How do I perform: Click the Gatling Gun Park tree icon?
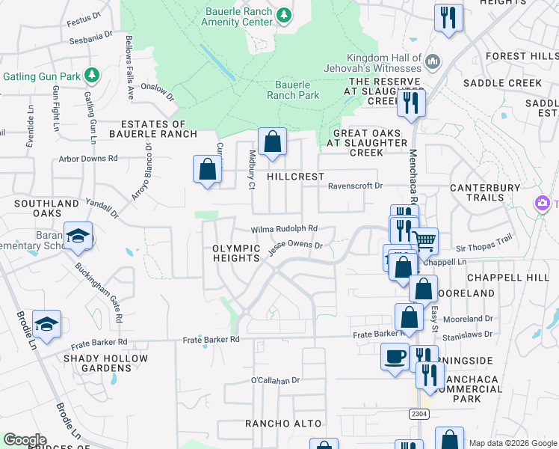tap(91, 75)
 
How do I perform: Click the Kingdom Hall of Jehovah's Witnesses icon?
tap(433, 61)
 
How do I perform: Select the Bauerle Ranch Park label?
tap(293, 90)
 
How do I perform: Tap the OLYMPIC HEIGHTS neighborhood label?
tap(235, 253)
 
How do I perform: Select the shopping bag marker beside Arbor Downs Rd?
tap(207, 168)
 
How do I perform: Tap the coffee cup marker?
tap(394, 356)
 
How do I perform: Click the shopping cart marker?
tap(424, 241)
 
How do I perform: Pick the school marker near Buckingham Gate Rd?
tap(78, 236)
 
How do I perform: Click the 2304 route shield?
tap(419, 413)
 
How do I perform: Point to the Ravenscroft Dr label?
tap(355, 186)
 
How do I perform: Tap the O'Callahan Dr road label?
tap(275, 380)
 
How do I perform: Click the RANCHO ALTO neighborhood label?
tap(283, 424)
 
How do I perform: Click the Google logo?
tap(25, 440)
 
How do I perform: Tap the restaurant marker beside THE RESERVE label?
tap(411, 101)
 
